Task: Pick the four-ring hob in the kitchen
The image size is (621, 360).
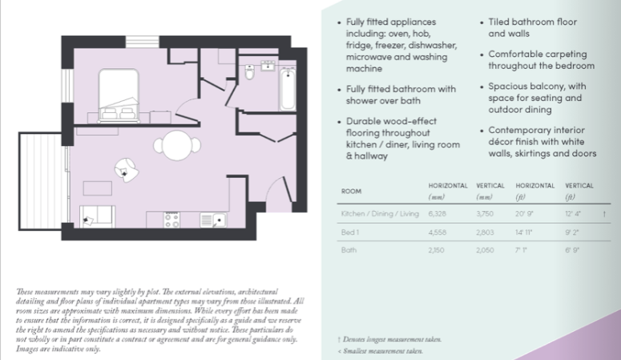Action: click(x=171, y=218)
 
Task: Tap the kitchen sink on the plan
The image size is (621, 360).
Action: click(x=215, y=219)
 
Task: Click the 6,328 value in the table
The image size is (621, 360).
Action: click(x=438, y=214)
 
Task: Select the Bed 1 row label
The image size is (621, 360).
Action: click(x=349, y=233)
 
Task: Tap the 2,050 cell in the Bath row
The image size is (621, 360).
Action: click(x=485, y=251)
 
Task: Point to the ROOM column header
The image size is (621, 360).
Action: click(x=351, y=192)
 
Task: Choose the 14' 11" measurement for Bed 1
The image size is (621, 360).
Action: click(x=526, y=233)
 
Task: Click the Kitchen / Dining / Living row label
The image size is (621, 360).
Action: click(x=379, y=214)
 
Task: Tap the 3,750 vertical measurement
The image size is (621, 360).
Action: click(x=486, y=214)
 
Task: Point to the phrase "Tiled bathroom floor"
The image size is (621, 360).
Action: click(x=534, y=22)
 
